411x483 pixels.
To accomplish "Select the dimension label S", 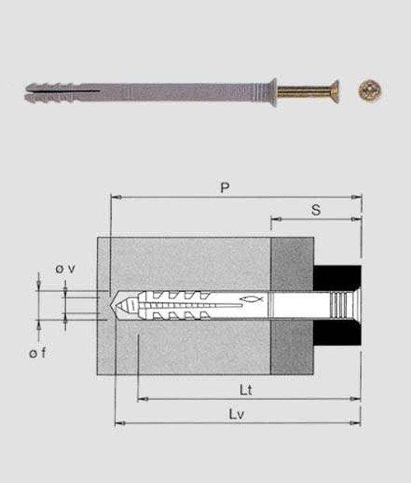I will [x=315, y=210].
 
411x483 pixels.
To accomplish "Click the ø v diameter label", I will [x=65, y=268].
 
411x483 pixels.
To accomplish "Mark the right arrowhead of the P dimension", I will [x=359, y=197].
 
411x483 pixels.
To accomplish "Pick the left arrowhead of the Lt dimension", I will [x=141, y=400].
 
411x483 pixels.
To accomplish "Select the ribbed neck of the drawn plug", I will [x=340, y=304].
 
